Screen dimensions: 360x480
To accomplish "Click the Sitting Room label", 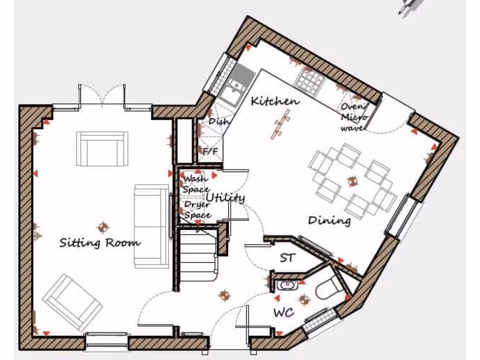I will point(99,243).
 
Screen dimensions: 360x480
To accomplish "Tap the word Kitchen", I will point(275,101).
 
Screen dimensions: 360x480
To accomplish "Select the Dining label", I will point(329,220).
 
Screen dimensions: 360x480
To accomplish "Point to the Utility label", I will point(225,198).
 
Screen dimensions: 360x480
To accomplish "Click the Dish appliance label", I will point(218,121).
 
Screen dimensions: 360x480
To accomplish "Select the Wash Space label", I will point(196,184).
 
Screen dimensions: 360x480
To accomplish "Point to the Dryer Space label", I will point(197,210).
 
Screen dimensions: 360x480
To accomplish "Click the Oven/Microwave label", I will point(354,117).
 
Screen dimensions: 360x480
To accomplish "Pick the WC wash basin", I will point(285,285).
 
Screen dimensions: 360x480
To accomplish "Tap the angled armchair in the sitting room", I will point(73,302).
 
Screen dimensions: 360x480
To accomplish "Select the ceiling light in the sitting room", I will point(103,227).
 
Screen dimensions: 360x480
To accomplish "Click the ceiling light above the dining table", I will point(352,180).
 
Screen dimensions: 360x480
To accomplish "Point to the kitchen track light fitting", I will point(280,124).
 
